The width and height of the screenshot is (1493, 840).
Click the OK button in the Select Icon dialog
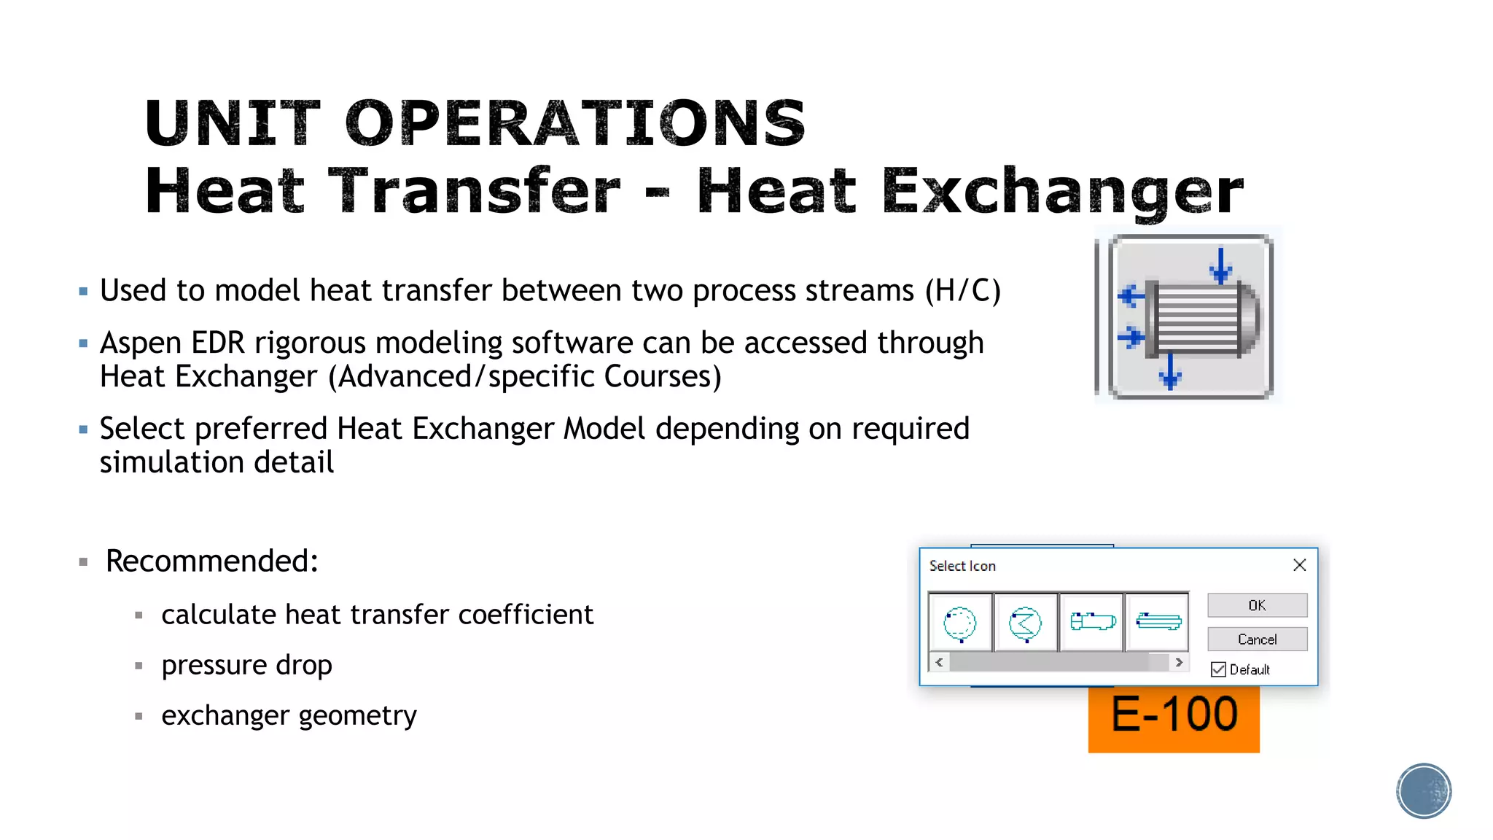tap(1257, 605)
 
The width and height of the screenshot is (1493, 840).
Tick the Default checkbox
tap(1218, 669)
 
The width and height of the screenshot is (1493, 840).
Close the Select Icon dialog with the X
tap(1299, 565)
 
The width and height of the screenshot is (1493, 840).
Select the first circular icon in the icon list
tap(959, 623)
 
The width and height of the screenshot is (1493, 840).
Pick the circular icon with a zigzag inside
tap(1025, 623)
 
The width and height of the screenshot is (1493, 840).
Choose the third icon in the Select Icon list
tap(1092, 622)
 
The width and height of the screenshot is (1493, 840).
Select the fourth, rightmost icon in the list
tap(1158, 622)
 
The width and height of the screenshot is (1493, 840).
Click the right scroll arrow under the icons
tap(1179, 662)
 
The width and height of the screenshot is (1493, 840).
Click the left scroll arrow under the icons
tap(939, 662)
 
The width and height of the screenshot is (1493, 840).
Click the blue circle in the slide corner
tap(1424, 790)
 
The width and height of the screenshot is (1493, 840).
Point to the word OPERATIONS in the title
tap(574, 123)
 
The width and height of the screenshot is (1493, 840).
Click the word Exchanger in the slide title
tap(1062, 191)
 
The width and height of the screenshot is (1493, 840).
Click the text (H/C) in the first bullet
tap(962, 290)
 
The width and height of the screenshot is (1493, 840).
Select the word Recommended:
tap(211, 561)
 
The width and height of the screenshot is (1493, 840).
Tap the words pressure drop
tap(246, 665)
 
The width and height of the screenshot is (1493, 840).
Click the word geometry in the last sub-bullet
tap(357, 715)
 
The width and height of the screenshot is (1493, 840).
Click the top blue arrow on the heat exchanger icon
tap(1220, 265)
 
